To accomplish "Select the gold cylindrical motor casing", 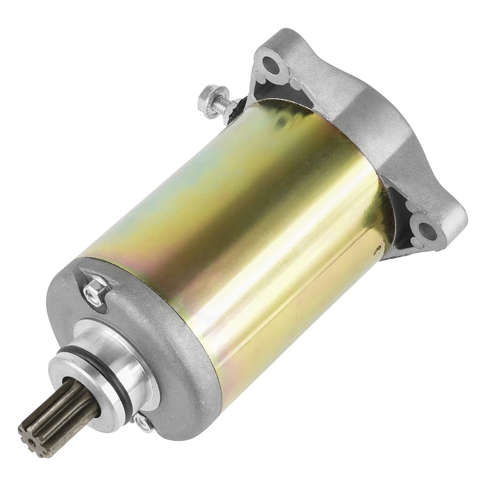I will pyautogui.click(x=228, y=213).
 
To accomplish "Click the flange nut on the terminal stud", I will pyautogui.click(x=208, y=95).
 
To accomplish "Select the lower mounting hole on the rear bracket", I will pyautogui.click(x=427, y=231).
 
